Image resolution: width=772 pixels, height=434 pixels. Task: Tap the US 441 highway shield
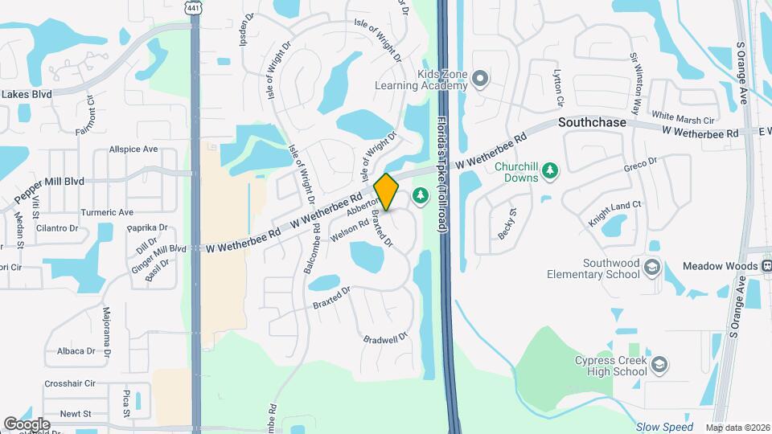pos(193,7)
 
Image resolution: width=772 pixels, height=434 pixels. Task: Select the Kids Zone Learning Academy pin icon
pos(480,79)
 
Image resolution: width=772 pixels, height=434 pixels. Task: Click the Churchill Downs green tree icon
pos(550,170)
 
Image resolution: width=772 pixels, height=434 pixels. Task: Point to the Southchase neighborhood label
pos(592,123)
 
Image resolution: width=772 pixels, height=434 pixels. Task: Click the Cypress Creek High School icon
pos(659,366)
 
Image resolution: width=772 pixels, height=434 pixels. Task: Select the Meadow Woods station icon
pos(766,265)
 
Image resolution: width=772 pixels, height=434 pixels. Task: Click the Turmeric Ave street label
pos(107,212)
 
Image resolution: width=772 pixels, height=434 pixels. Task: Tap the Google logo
pos(27,424)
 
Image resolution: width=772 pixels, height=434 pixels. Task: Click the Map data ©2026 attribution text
pos(737,428)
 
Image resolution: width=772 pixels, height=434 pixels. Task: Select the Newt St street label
pos(76,414)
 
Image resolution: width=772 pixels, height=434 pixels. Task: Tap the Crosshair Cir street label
pos(70,384)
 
